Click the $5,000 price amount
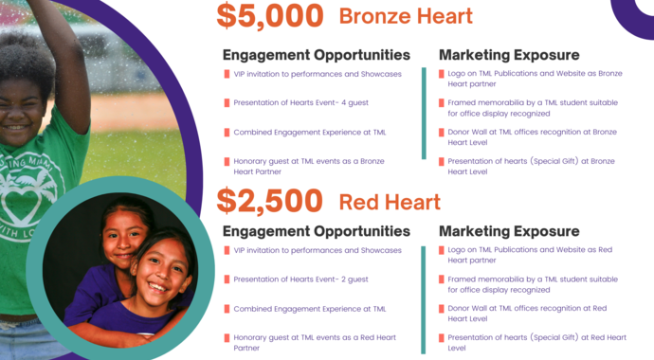coord(269,16)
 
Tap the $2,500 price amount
coord(269,201)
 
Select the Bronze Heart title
coord(406,16)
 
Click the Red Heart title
coord(390,202)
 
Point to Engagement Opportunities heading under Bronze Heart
coord(316,55)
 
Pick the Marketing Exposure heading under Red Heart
coord(509,231)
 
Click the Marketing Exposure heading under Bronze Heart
coord(509,55)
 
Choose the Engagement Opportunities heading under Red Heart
coord(316,231)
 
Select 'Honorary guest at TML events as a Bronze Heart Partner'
coord(308,167)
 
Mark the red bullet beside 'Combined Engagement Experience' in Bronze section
coord(227,132)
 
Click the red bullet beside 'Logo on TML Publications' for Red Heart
coord(442,250)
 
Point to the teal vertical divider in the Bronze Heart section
coord(424,114)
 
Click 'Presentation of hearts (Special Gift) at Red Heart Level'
coord(536,343)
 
